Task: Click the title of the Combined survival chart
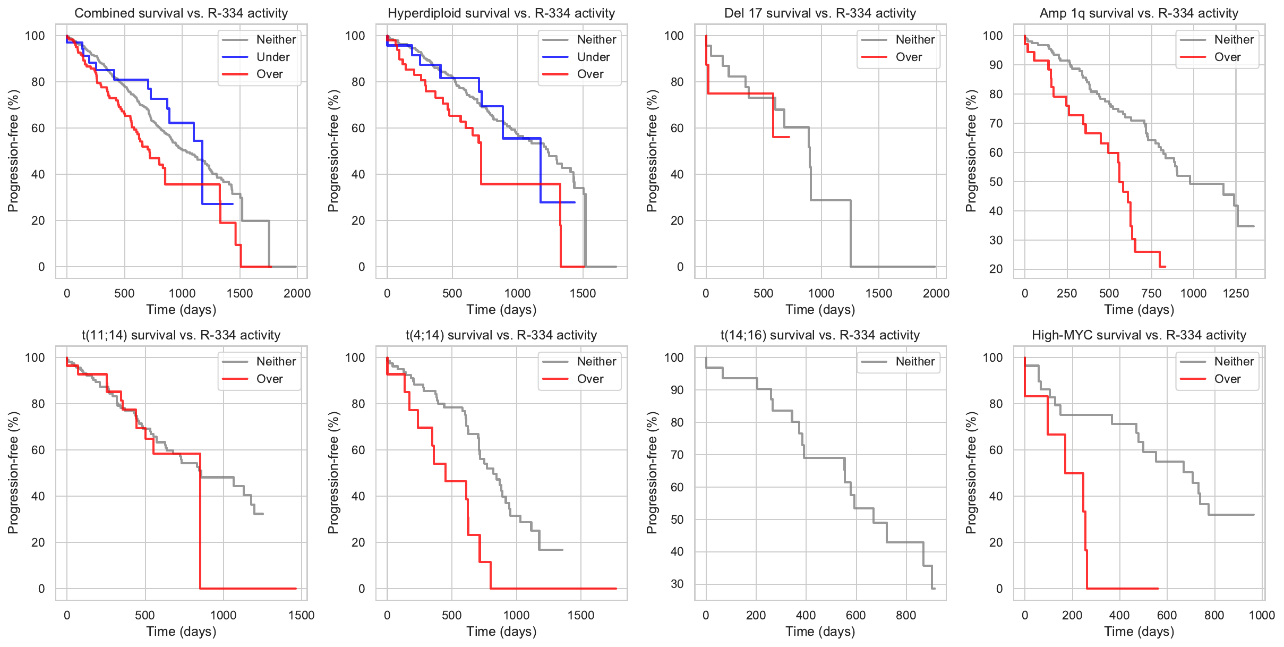[x=181, y=13]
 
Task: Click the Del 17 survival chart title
[x=820, y=13]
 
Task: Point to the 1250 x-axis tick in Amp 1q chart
[x=1236, y=293]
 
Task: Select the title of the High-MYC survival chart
[x=1139, y=335]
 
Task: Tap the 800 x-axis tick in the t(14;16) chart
[x=906, y=615]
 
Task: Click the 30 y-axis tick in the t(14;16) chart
[x=677, y=584]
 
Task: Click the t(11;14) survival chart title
[x=181, y=335]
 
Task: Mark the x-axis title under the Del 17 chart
[x=820, y=310]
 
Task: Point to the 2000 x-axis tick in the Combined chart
[x=297, y=293]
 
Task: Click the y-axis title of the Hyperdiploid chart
[x=333, y=151]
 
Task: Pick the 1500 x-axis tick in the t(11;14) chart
[x=301, y=615]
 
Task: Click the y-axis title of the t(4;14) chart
[x=333, y=473]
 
